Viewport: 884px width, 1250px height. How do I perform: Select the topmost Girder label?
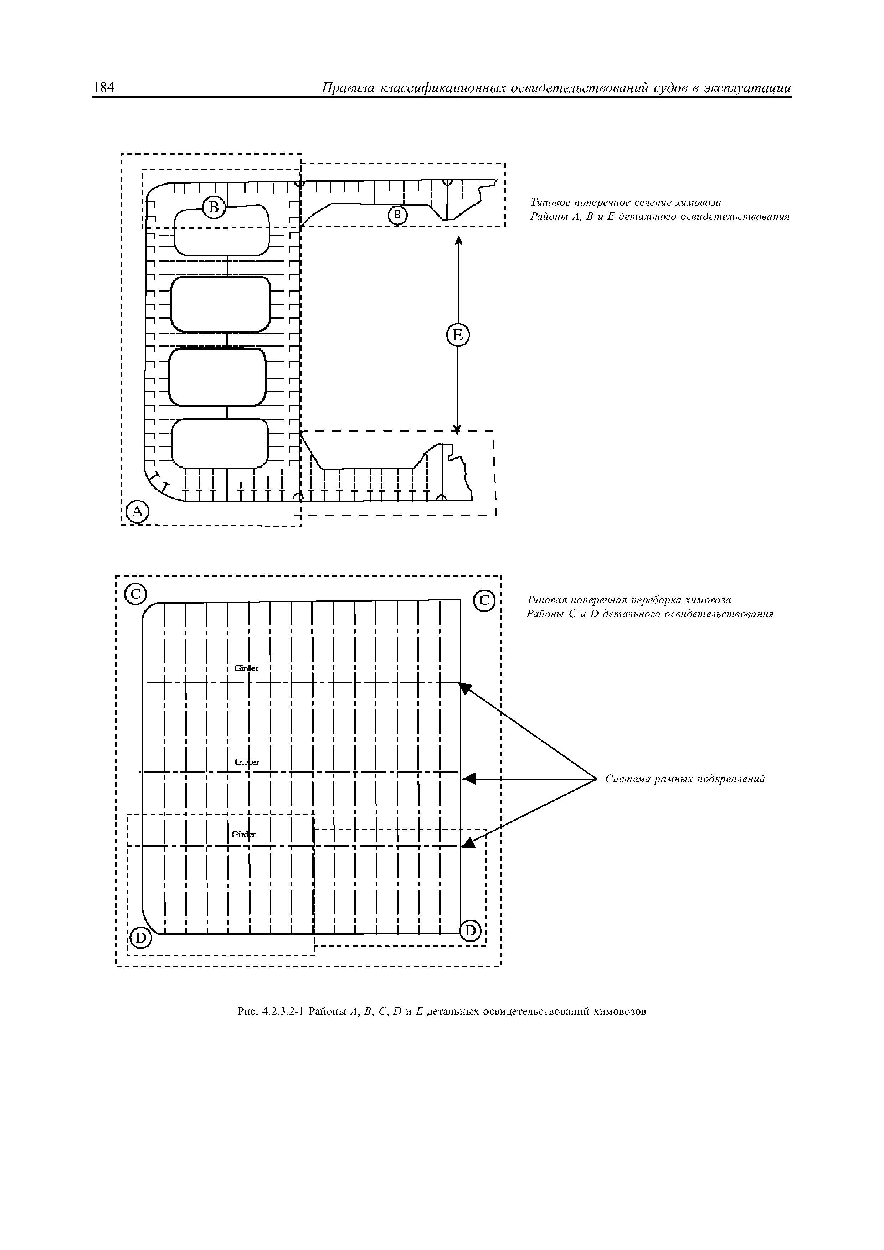click(246, 668)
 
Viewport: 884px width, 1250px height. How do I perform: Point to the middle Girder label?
click(247, 762)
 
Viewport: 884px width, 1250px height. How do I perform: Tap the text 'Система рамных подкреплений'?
click(685, 779)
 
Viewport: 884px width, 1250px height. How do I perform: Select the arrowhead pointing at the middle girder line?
click(469, 779)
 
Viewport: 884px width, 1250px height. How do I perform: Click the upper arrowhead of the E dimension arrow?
click(459, 240)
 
